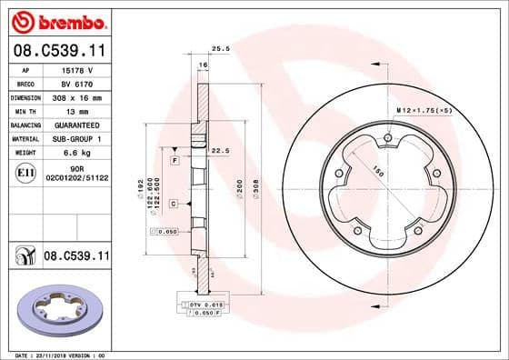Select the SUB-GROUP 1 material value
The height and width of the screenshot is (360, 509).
[77, 138]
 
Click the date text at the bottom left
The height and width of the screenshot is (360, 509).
[55, 355]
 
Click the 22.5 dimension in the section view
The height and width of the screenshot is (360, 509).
[218, 151]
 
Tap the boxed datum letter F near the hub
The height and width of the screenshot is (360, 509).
[173, 161]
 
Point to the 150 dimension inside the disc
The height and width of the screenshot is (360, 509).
[375, 170]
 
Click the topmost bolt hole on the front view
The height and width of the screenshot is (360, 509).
[388, 138]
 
